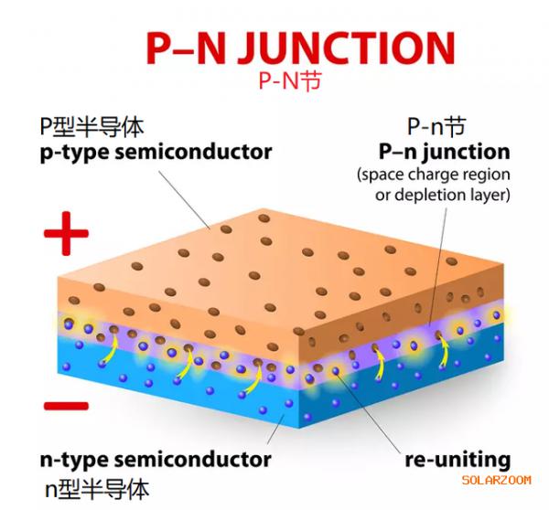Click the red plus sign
66,233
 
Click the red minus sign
66,406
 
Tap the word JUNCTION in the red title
347,48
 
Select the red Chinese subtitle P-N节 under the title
289,80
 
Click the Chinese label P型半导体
91,127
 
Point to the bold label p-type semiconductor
156,152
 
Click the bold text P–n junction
445,152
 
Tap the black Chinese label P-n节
436,126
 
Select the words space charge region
436,175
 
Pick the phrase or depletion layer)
443,195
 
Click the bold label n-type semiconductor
156,460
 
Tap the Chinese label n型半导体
97,489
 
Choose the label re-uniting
457,460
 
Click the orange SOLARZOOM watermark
496,480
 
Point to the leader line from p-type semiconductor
184,200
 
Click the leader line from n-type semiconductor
276,430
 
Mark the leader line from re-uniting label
369,413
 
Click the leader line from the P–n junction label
438,267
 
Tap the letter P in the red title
159,48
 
